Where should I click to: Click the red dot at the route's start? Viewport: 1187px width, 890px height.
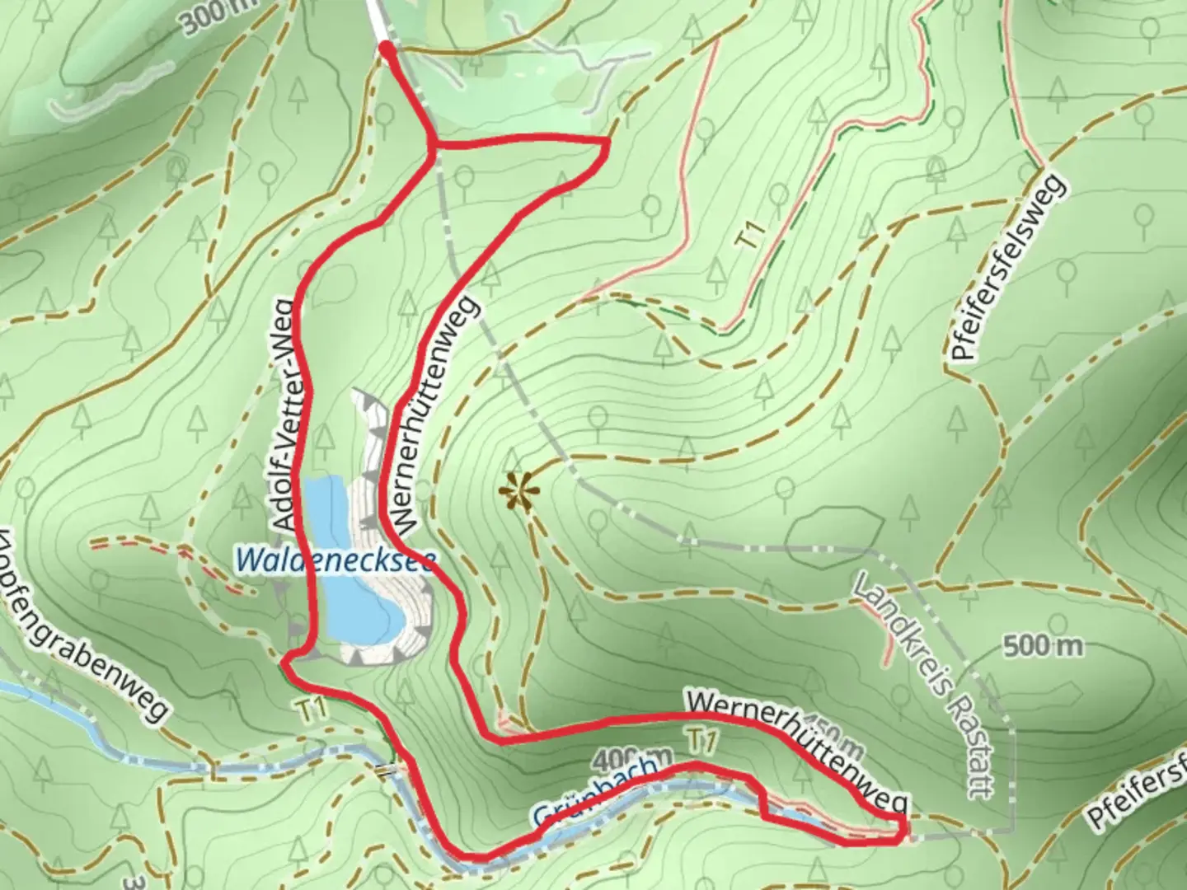[x=386, y=51]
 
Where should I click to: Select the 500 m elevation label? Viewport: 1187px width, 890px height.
[x=1044, y=645]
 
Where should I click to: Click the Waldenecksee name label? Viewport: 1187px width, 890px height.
[x=335, y=560]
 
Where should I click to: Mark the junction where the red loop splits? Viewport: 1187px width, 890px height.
[x=432, y=146]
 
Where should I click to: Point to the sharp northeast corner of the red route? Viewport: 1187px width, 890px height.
[x=608, y=143]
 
